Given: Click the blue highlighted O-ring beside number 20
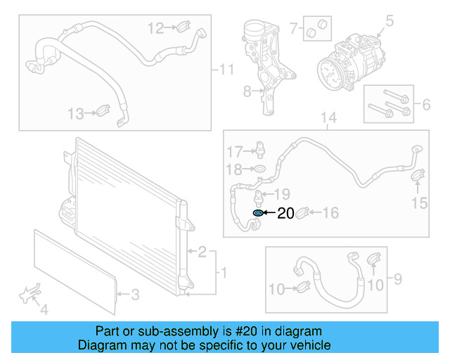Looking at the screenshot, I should (258, 213).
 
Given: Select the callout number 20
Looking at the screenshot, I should (285, 214).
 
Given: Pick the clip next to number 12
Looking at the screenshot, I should (181, 28).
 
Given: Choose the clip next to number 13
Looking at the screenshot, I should (103, 112).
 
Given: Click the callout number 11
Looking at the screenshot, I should (225, 70).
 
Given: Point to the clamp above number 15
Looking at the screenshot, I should (417, 173).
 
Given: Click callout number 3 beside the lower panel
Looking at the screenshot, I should (136, 295).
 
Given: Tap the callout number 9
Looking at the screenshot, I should (397, 281).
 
